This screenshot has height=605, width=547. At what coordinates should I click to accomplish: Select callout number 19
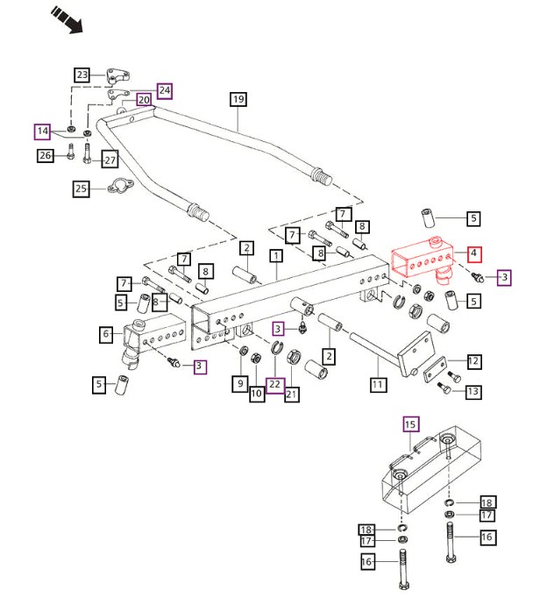tap(238, 99)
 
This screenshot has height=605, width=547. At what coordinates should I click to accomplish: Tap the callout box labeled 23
tap(82, 75)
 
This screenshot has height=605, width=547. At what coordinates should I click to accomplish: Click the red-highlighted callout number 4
tap(473, 254)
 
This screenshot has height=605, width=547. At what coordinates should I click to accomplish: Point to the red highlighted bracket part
tap(421, 259)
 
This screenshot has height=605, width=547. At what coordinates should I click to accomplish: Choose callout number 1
tap(276, 257)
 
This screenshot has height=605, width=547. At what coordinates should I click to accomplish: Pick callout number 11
tap(378, 384)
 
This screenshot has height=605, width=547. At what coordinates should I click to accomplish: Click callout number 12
tap(473, 360)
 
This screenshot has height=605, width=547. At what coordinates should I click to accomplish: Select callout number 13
tap(473, 391)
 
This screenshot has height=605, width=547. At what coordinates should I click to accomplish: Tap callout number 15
tap(411, 424)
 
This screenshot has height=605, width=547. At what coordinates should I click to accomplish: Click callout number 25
tap(82, 188)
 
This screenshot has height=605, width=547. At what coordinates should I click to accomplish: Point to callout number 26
tap(46, 156)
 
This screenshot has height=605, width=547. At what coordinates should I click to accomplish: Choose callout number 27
tap(110, 160)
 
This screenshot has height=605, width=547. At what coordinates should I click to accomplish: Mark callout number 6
tap(106, 333)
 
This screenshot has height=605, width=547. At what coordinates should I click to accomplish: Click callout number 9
tap(238, 383)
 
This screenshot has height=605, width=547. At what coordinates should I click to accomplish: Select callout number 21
tap(292, 395)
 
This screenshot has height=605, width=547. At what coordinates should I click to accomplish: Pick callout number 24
tap(165, 89)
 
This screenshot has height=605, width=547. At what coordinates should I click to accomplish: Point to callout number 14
tap(42, 132)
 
